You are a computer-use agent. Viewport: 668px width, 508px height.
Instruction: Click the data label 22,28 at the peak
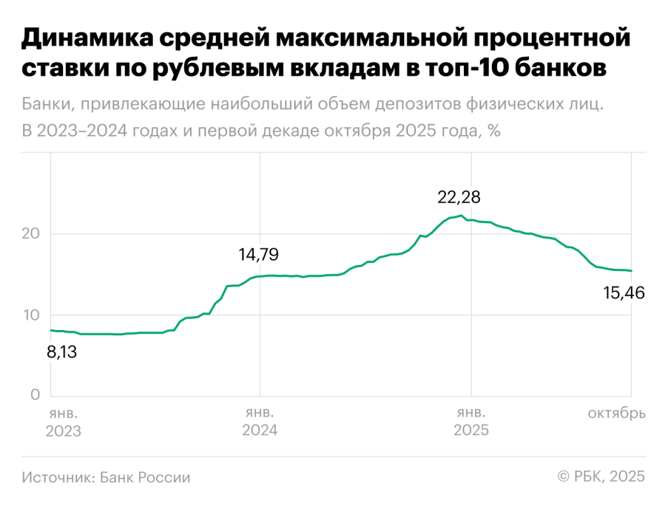point(459,197)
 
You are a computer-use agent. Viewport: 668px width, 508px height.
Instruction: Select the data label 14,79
point(259,254)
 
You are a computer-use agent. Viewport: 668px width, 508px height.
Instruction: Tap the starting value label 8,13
point(61,352)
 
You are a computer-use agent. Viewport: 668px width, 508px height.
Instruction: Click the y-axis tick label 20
point(32,234)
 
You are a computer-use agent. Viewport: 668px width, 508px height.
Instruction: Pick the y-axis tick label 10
point(31,315)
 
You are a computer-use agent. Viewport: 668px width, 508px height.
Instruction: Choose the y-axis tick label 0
point(35,396)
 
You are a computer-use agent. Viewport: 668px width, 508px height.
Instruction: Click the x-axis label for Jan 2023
point(63,422)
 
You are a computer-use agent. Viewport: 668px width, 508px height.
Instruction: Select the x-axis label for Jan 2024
point(259,422)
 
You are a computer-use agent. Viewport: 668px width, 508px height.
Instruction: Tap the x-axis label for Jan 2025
point(471,422)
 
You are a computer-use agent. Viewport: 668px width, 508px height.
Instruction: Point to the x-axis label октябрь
point(616,414)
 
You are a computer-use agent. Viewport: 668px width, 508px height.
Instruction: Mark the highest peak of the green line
point(461,215)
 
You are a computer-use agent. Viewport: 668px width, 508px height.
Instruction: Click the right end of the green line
point(631,271)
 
